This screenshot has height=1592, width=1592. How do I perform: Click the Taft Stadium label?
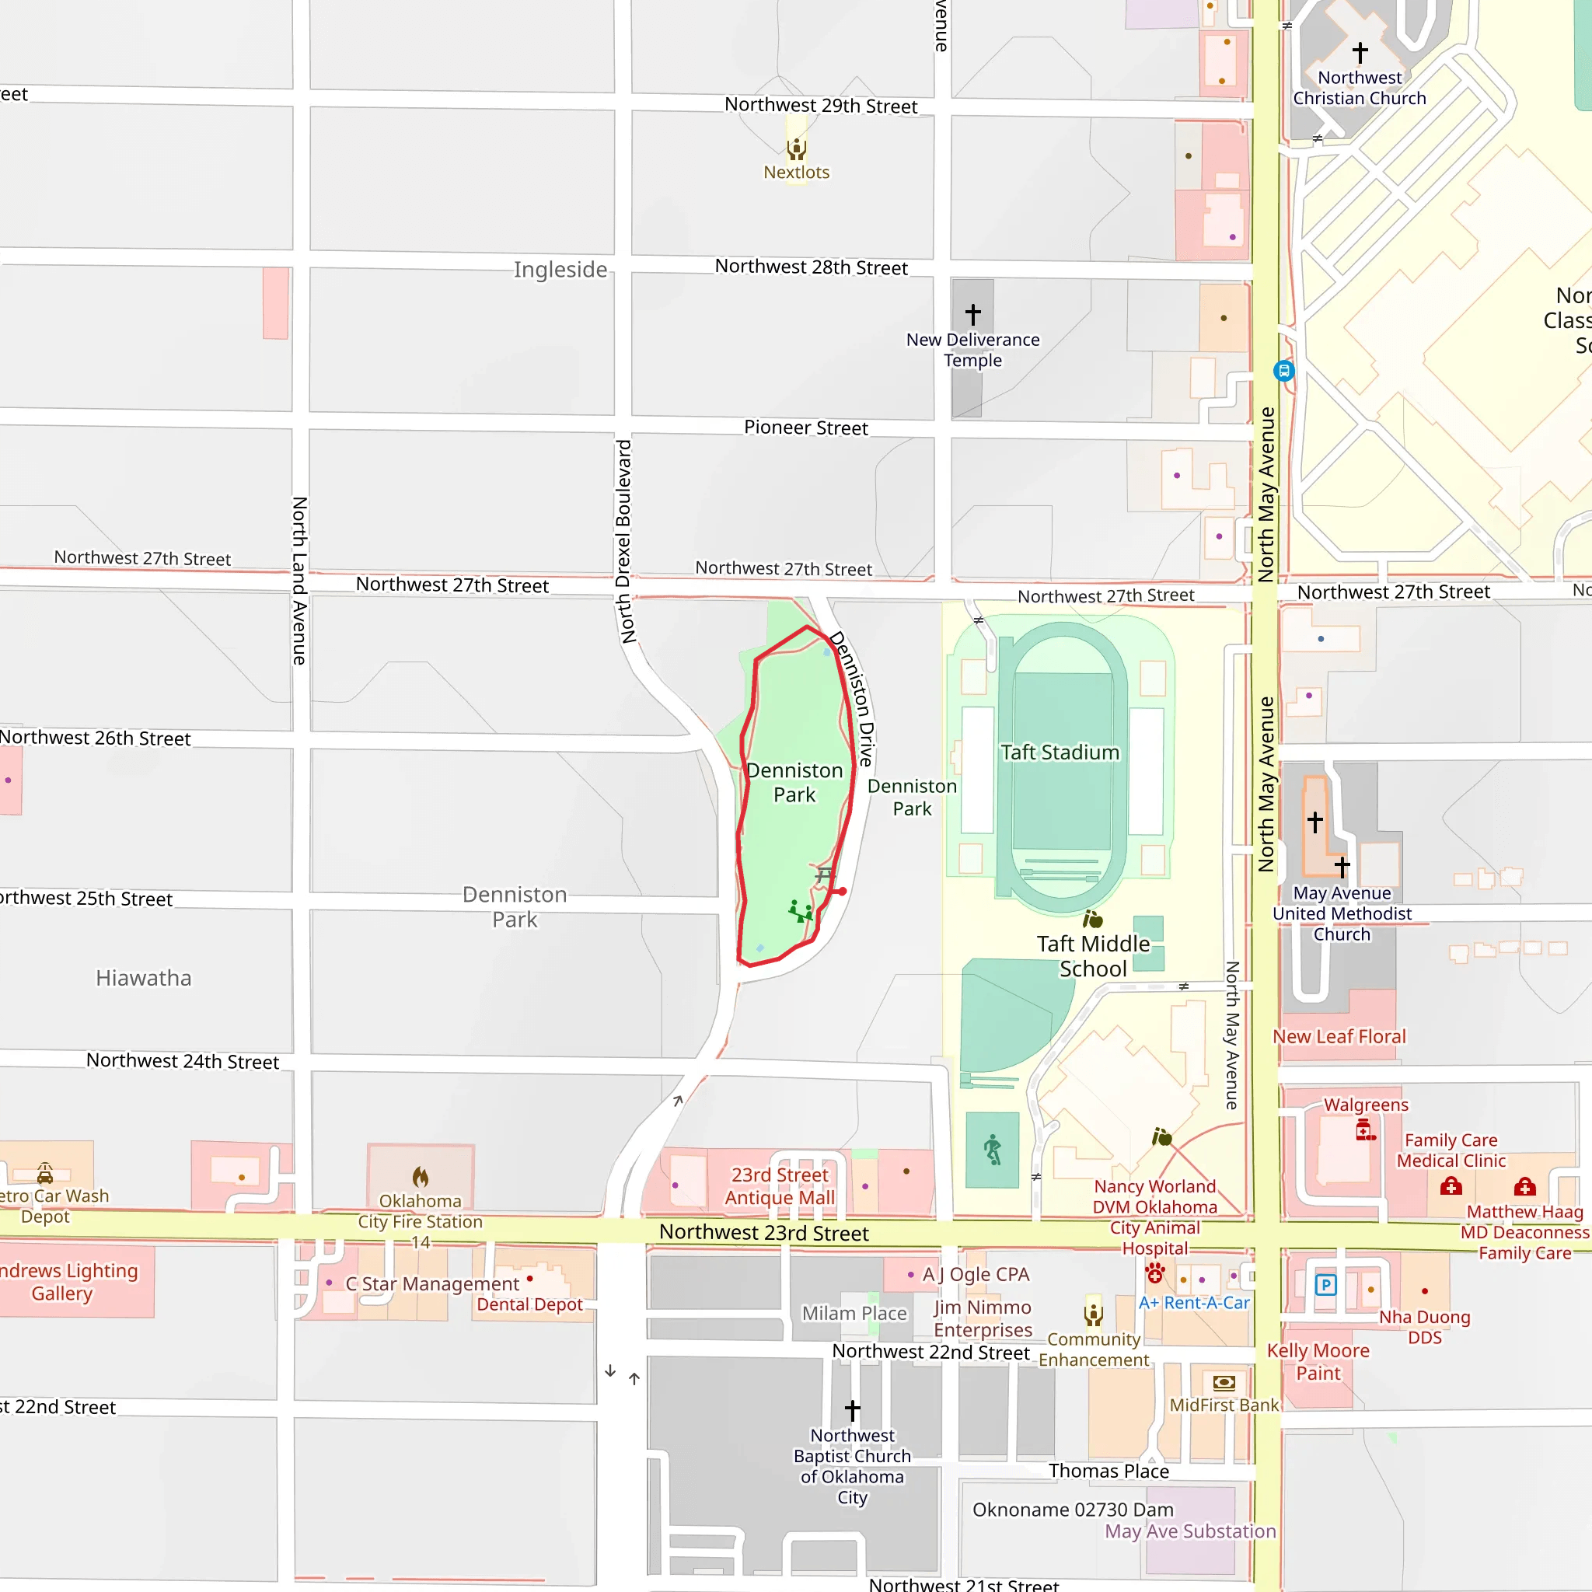1060,752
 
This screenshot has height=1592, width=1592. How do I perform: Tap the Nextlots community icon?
796,148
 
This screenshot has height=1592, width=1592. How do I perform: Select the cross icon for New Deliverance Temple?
973,314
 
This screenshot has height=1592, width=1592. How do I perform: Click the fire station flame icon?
421,1177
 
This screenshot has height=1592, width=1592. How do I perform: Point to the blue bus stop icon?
1284,371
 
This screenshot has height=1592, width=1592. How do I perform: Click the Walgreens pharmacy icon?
1364,1129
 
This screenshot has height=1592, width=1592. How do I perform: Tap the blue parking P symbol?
1325,1285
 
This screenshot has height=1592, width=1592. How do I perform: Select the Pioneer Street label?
805,428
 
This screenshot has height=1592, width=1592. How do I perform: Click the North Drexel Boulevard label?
625,541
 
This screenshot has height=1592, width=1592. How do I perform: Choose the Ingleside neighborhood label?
560,270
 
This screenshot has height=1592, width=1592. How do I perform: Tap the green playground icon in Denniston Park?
799,910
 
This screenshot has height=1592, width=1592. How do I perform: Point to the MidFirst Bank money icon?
1224,1382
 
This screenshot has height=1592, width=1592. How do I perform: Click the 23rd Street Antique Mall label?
780,1186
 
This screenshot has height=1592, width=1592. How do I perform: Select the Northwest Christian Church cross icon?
1360,53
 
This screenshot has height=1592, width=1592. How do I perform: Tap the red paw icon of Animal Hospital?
1155,1273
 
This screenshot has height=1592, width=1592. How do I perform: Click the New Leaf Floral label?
1339,1037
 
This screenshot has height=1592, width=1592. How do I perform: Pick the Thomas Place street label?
1108,1471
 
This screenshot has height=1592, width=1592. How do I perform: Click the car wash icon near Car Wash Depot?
45,1173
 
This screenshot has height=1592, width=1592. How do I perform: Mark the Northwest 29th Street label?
821,106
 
